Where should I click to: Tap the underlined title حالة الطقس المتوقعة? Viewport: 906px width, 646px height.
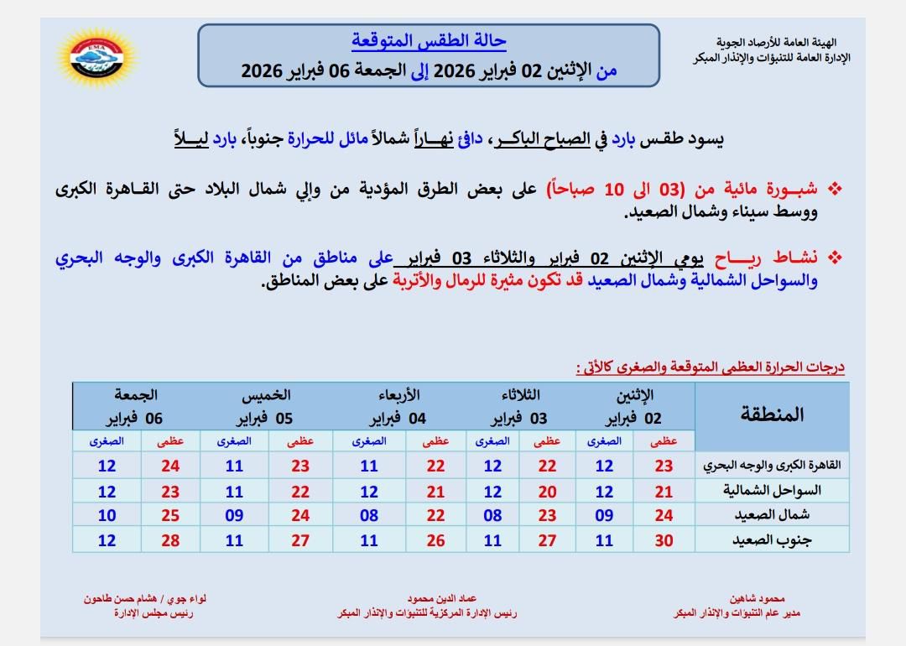click(429, 40)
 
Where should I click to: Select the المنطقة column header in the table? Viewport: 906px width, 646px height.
click(772, 414)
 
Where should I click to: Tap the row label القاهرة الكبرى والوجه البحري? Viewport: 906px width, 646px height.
click(773, 466)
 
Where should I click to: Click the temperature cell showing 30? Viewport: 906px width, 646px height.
click(664, 540)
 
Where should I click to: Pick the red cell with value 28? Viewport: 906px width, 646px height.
click(170, 540)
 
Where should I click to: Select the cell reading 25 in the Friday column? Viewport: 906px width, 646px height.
click(170, 515)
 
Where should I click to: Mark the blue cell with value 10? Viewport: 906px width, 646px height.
click(107, 515)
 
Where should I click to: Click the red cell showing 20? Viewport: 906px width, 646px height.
click(547, 490)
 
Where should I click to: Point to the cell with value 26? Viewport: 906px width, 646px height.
click(435, 540)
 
